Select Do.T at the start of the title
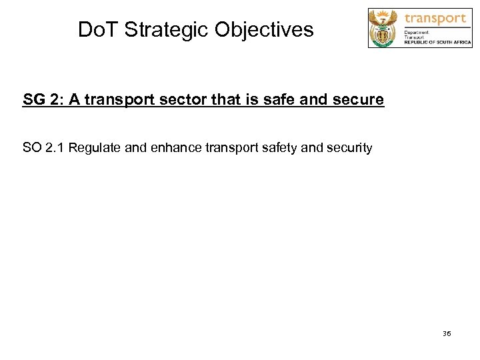[97, 30]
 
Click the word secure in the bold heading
[359, 100]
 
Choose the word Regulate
[95, 147]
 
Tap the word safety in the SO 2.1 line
[277, 147]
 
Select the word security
[348, 147]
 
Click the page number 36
[447, 333]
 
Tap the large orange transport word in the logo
[435, 18]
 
